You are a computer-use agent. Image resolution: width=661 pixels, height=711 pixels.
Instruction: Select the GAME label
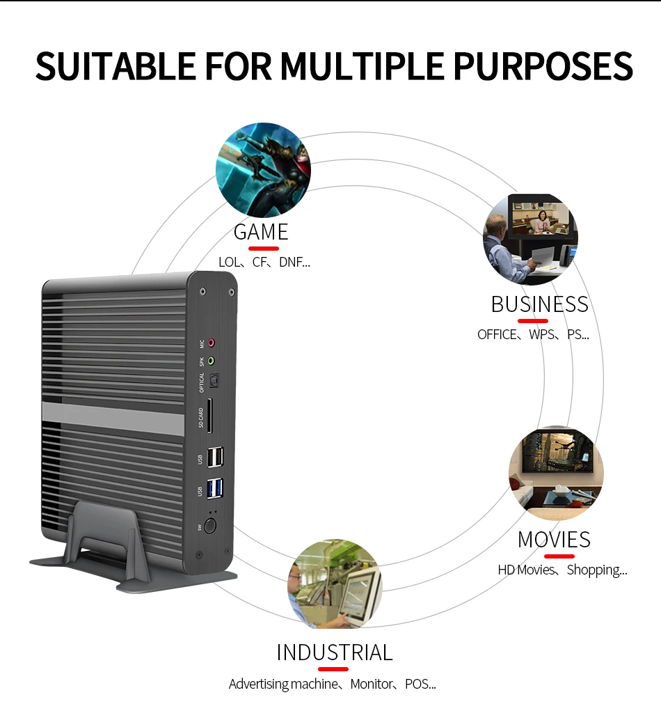pos(261,231)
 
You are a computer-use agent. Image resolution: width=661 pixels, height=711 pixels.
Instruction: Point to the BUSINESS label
pos(539,304)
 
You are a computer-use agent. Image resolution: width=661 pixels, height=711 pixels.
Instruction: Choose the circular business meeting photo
pos(530,240)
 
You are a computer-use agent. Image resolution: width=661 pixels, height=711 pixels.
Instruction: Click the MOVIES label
pos(554,540)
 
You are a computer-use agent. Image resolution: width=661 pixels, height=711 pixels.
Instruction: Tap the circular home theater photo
pos(556,474)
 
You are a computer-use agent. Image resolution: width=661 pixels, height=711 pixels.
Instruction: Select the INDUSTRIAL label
pos(335,653)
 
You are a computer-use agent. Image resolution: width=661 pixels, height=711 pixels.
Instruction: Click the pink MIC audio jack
pos(212,343)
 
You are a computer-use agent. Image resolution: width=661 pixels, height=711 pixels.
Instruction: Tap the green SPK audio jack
pos(212,361)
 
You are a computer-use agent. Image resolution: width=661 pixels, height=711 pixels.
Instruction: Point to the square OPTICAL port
pos(213,381)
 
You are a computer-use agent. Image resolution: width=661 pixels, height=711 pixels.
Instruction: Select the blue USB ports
pos(215,490)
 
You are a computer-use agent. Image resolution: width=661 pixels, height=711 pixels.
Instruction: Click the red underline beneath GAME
pos(264,248)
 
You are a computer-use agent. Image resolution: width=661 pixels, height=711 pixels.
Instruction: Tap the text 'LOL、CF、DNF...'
pos(264,263)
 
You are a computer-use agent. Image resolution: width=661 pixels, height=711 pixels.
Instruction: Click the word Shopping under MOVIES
pos(596,570)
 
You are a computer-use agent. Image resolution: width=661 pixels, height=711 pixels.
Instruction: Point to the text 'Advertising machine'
pos(282,684)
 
